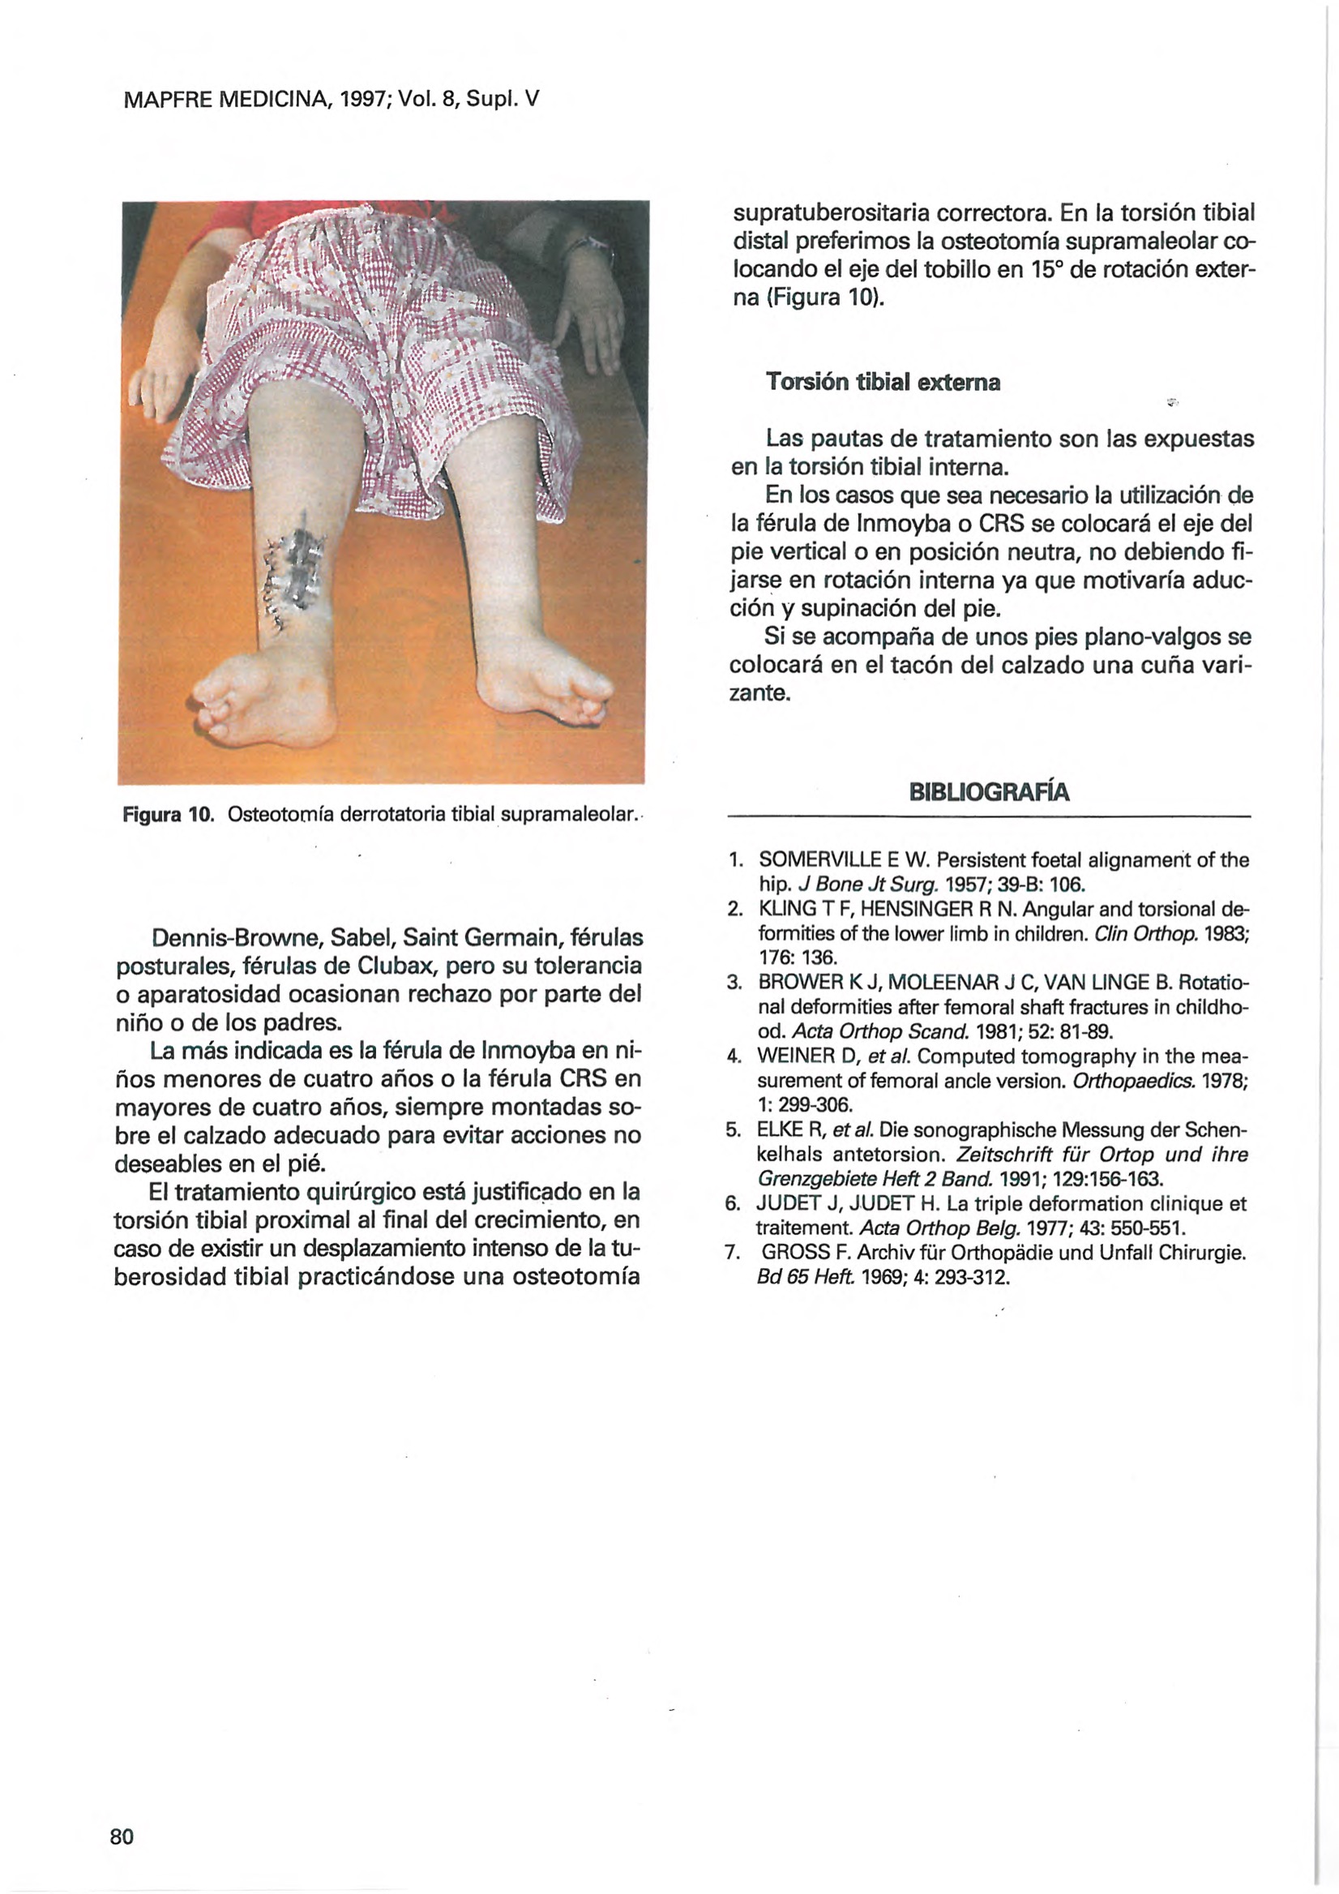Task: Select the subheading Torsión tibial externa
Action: point(883,382)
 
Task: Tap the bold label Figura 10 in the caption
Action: point(167,816)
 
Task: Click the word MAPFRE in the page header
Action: point(165,101)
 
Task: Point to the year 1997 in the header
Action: point(361,101)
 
